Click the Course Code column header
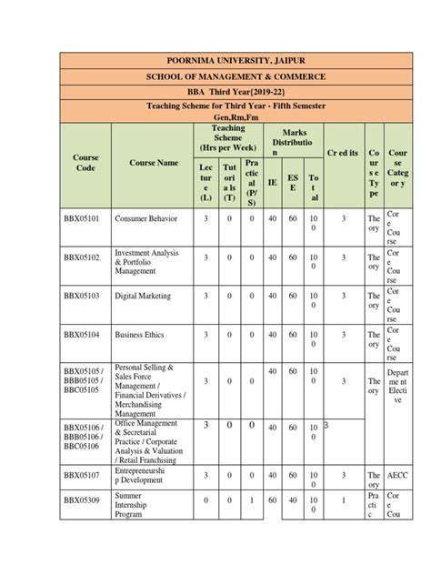[x=85, y=163]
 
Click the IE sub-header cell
[x=272, y=182]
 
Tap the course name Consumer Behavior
[x=146, y=219]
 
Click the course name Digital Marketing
[x=145, y=296]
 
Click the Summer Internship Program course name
[x=135, y=505]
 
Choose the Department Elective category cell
[x=399, y=387]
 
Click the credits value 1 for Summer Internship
[x=343, y=501]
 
